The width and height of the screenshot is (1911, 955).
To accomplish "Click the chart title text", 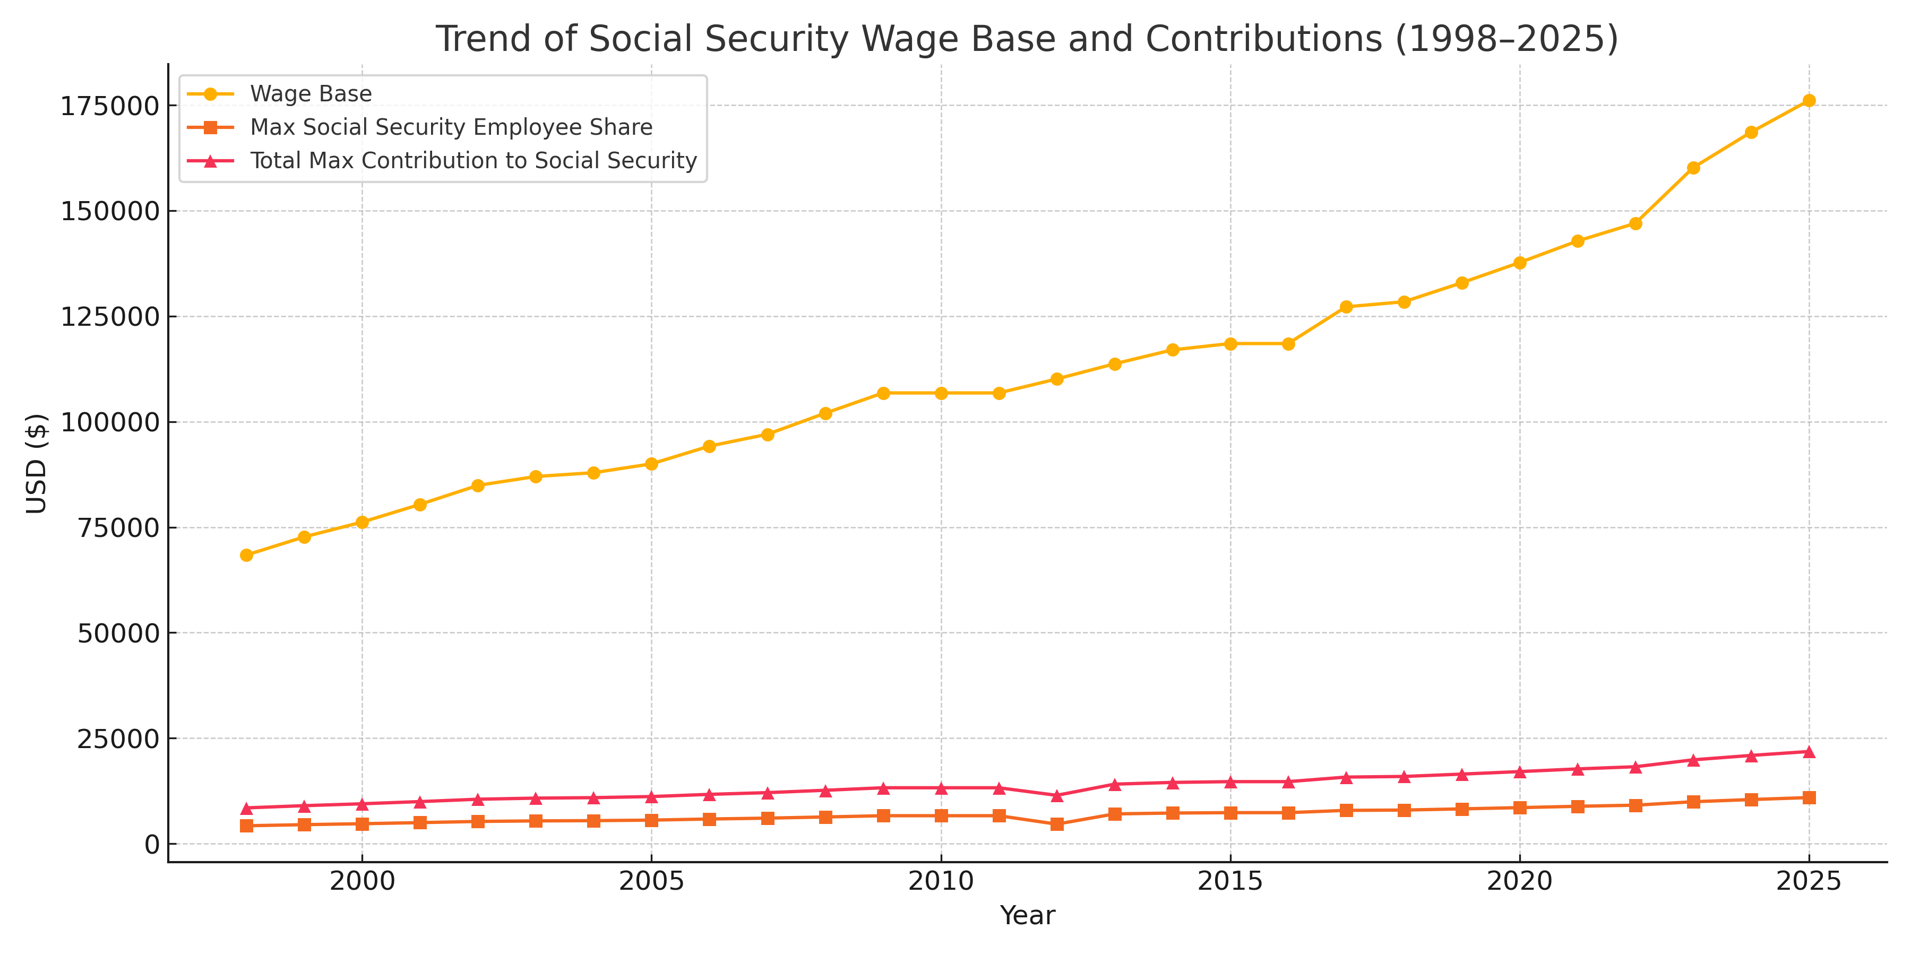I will [1027, 39].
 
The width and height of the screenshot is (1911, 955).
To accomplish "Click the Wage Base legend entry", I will [311, 94].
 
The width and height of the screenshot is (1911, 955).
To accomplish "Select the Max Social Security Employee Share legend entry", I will [451, 127].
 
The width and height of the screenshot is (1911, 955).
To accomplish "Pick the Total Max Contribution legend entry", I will [474, 161].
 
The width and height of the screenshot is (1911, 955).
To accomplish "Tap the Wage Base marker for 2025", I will [1809, 101].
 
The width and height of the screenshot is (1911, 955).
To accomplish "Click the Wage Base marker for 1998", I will [246, 555].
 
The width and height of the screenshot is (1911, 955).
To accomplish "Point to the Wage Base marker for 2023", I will [1693, 168].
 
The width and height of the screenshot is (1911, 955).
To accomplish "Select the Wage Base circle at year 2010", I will [941, 393].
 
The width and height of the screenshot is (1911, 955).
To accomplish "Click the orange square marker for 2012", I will [1057, 824].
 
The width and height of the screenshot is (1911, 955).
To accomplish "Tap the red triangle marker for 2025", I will [1809, 752].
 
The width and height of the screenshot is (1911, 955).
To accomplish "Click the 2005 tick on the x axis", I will [651, 881].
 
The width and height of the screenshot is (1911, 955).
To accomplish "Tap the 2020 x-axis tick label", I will [1519, 881].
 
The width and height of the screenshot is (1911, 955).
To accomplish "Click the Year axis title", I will [1027, 916].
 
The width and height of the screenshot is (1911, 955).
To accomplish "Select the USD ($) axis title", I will [36, 463].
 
